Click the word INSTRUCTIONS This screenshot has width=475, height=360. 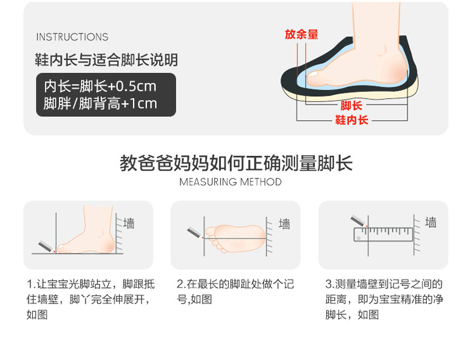coord(72,37)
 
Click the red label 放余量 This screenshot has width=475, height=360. coord(301,34)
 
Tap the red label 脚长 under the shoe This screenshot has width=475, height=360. coord(351,106)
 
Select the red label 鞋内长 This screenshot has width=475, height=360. coord(351,120)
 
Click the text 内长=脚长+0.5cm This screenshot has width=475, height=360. coord(100,86)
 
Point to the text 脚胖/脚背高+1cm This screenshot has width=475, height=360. coord(100,103)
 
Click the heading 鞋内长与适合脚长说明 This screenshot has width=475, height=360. coord(106,60)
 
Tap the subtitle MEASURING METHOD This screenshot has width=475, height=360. coord(231,182)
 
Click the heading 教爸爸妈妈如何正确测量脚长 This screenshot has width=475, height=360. coord(236,163)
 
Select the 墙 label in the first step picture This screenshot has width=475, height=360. coord(129,224)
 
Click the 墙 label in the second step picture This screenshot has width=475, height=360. coord(284,224)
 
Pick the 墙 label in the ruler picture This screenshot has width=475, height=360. coord(431,222)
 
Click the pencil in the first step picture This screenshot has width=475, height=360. coord(46,247)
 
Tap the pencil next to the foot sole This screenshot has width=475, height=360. coord(195,233)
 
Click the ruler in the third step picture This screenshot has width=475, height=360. coord(384,235)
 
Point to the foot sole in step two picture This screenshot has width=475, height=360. coord(236,238)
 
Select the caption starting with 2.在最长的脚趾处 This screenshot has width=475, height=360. coord(236,292)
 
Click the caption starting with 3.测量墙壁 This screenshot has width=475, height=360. coord(384,299)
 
